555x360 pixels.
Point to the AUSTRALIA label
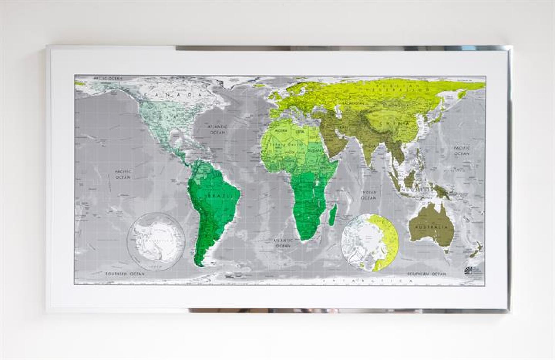[x=431, y=227]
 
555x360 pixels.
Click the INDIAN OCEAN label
[x=369, y=195]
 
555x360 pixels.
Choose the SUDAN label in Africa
[x=315, y=150]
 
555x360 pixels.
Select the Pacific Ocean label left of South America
[x=123, y=174]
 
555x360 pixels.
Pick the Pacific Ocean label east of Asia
[x=462, y=151]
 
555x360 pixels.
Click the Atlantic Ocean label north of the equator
[x=218, y=129]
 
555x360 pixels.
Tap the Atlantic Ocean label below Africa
[x=282, y=243]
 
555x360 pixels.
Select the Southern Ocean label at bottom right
[x=426, y=274]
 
